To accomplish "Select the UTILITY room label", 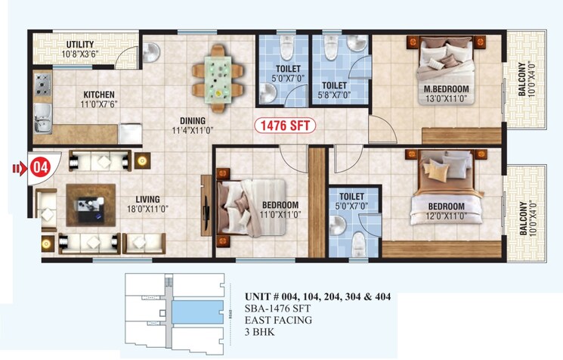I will click(x=79, y=45).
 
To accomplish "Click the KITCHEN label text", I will click(x=98, y=95).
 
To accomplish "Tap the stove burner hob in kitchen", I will click(x=42, y=82).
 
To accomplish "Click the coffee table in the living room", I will click(x=89, y=202).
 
